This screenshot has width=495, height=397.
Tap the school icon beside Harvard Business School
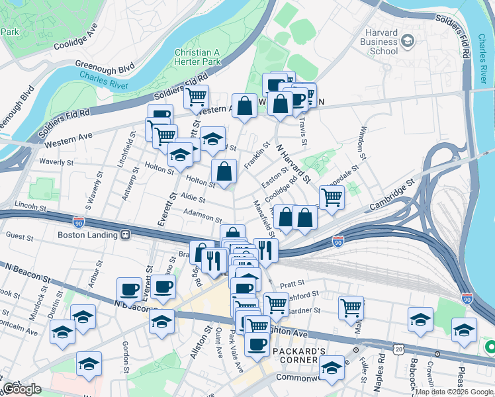pos(408,41)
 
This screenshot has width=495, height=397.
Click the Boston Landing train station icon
pos(125,234)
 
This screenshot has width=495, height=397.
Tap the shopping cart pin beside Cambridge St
pos(332,197)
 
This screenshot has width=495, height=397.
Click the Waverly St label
pos(55,162)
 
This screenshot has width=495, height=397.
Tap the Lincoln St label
pos(32,207)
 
